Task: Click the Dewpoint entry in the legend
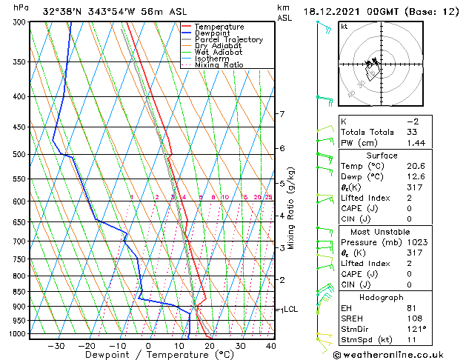pyautogui.click(x=214, y=33)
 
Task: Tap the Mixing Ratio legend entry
pyautogui.click(x=219, y=65)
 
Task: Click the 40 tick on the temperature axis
pyautogui.click(x=271, y=346)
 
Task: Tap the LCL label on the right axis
pyautogui.click(x=290, y=310)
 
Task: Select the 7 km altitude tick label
pyautogui.click(x=282, y=114)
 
